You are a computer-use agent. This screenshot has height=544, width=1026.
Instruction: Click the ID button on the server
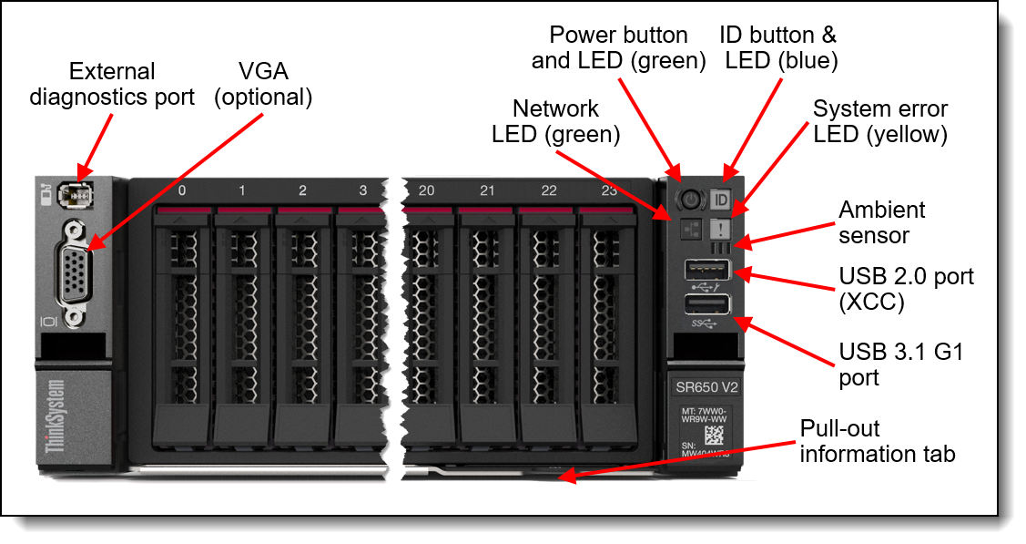tap(722, 199)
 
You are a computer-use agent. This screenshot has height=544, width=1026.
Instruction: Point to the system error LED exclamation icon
tap(720, 227)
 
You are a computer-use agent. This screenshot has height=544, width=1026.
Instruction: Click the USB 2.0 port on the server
tap(706, 270)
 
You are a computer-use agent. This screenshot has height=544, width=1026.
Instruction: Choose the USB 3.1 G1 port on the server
tap(706, 304)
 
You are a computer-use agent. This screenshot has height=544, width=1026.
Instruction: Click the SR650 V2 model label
tap(706, 386)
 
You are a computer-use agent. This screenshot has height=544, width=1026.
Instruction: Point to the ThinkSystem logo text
tap(56, 416)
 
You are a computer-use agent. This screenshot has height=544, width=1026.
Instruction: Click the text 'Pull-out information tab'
tap(877, 441)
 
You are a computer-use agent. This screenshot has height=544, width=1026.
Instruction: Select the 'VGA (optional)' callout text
tap(262, 85)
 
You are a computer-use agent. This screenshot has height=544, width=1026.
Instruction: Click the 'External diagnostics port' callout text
tap(112, 84)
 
